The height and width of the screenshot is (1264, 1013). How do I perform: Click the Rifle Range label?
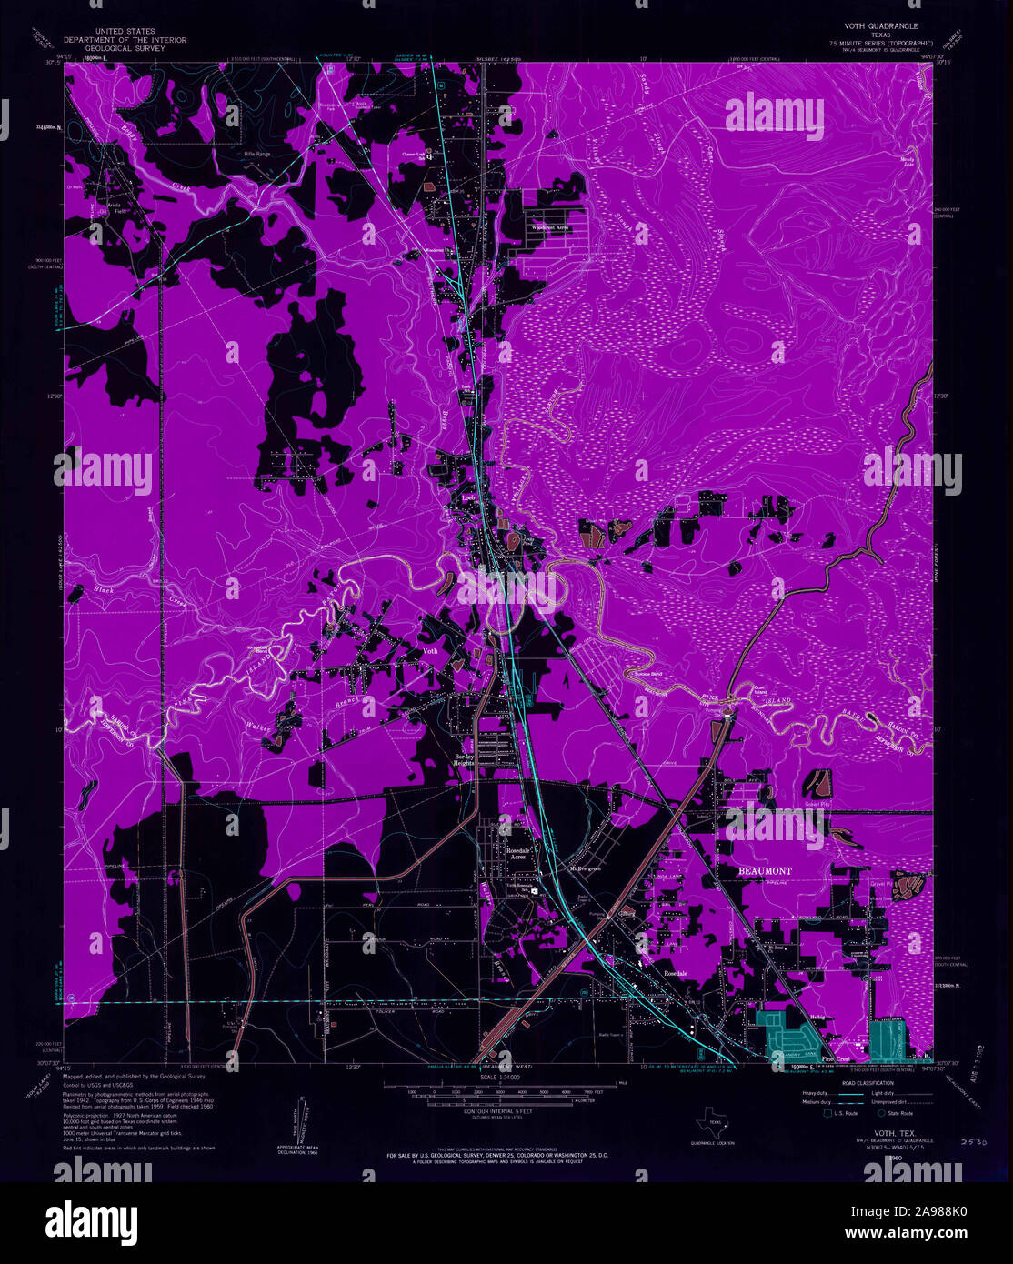(x=257, y=155)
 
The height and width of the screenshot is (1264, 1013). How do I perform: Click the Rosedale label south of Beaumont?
(x=675, y=973)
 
